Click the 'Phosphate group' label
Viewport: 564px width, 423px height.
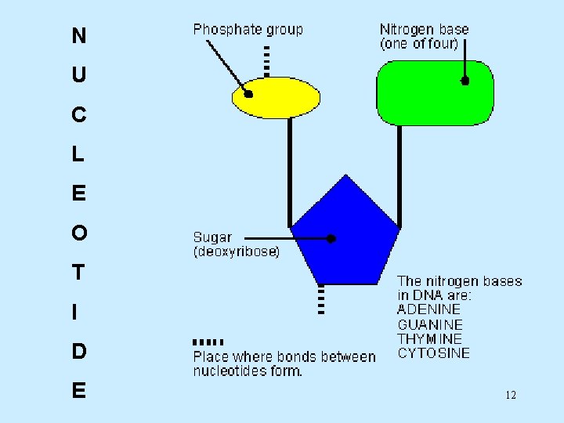click(x=248, y=30)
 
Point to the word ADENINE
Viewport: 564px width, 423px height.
click(x=429, y=309)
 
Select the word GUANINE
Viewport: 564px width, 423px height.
click(x=430, y=324)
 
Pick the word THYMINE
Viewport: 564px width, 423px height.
click(x=430, y=338)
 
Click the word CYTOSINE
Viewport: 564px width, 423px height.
click(x=434, y=353)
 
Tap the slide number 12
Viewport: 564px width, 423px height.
click(x=511, y=395)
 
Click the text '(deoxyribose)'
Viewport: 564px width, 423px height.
click(x=236, y=252)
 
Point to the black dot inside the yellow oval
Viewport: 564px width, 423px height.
click(x=248, y=94)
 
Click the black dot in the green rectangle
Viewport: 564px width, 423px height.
click(x=465, y=80)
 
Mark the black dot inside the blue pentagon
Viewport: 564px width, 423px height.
click(x=331, y=238)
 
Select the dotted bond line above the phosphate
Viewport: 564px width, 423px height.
click(x=267, y=60)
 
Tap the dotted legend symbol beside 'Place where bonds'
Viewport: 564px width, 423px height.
click(x=208, y=342)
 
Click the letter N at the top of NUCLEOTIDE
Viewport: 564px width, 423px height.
click(x=78, y=36)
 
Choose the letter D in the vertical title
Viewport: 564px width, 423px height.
click(x=78, y=352)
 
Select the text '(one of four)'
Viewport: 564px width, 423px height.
click(x=419, y=44)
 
